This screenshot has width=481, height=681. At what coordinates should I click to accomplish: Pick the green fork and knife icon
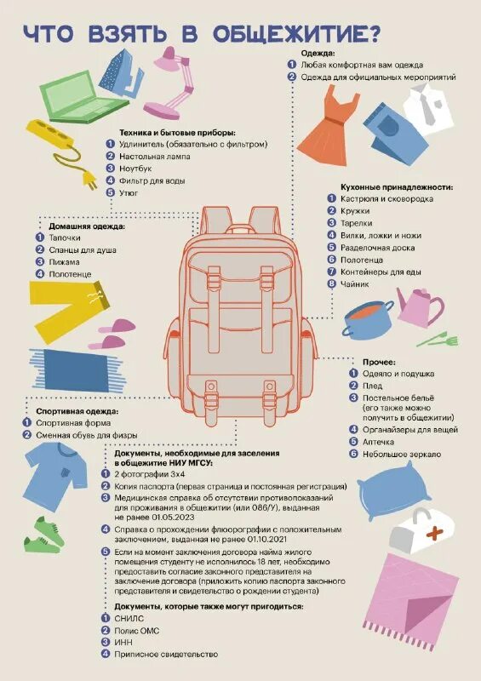442,339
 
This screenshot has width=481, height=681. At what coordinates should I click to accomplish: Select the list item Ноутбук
137,169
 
